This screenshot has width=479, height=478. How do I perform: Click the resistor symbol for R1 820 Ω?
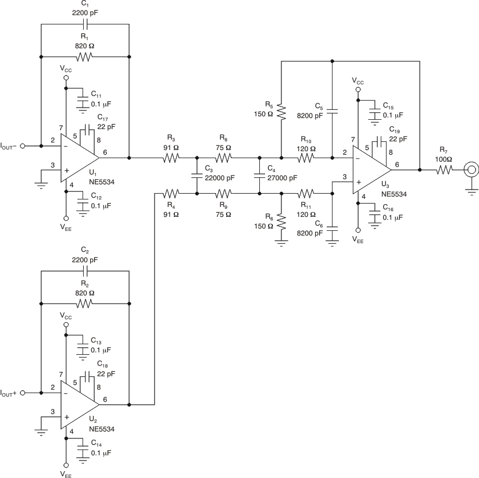click(x=85, y=57)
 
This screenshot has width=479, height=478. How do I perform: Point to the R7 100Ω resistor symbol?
click(x=445, y=170)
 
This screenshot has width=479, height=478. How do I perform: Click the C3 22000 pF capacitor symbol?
click(x=198, y=175)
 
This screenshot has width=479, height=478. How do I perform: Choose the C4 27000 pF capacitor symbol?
click(x=259, y=175)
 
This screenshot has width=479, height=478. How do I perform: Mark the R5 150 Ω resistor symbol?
click(x=281, y=110)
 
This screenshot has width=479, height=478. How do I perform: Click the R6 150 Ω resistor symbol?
click(x=281, y=222)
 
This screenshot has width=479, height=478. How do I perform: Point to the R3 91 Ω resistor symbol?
click(x=170, y=158)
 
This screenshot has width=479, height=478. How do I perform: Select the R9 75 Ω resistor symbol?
click(x=224, y=192)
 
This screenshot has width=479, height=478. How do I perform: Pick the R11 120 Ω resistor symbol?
click(x=306, y=192)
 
